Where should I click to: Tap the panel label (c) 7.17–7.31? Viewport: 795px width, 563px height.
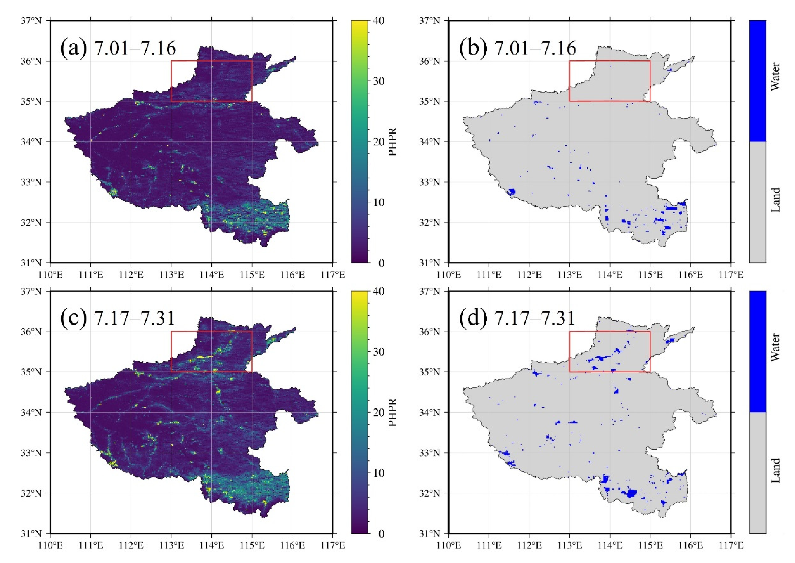pyautogui.click(x=118, y=318)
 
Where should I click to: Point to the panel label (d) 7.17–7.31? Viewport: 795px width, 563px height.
pyautogui.click(x=517, y=318)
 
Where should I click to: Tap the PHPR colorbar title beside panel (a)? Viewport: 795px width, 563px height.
pyautogui.click(x=392, y=141)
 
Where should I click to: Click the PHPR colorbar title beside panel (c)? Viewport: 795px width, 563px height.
pyautogui.click(x=392, y=412)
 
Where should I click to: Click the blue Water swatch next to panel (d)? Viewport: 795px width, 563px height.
pyautogui.click(x=758, y=351)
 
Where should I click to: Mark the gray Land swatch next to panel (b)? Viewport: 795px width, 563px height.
pyautogui.click(x=758, y=202)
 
